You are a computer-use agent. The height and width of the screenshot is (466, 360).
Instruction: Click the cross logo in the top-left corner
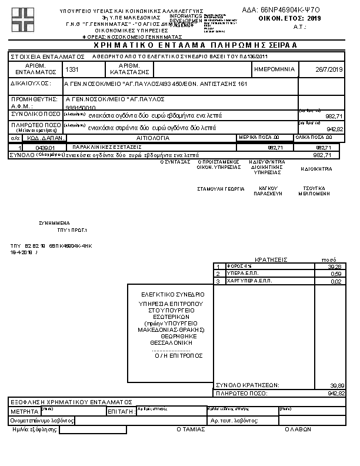[23, 19]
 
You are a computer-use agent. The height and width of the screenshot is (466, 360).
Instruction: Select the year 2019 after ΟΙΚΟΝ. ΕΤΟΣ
[315, 19]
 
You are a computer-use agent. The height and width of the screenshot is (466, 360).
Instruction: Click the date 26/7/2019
[329, 69]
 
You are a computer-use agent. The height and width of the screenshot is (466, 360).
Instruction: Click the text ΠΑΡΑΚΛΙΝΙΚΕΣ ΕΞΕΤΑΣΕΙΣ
[106, 147]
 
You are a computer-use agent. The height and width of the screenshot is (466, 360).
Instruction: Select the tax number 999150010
[81, 108]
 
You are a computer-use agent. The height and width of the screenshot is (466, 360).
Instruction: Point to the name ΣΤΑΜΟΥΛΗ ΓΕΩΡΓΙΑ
[221, 189]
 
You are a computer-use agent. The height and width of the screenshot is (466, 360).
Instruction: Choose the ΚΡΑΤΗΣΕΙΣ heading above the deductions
[270, 259]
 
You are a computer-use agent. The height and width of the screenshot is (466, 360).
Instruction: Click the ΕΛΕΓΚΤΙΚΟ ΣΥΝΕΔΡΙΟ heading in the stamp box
[173, 294]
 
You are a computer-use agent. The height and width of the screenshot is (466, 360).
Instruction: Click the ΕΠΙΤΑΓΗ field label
[121, 412]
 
